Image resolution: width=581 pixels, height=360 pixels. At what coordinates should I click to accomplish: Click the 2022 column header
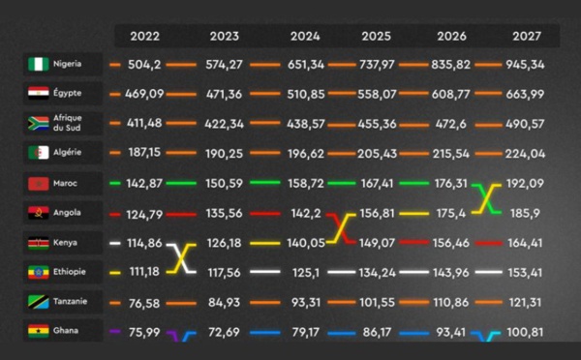(144, 37)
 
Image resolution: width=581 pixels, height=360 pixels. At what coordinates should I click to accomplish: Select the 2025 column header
(377, 37)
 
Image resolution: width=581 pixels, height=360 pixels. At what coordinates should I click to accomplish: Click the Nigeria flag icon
(39, 65)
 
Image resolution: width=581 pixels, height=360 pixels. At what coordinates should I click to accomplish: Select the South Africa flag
(39, 124)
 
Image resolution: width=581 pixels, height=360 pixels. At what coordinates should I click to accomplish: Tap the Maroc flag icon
(39, 183)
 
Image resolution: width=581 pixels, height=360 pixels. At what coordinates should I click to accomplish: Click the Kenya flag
(39, 242)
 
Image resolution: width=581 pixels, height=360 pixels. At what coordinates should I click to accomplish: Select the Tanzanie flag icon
(39, 301)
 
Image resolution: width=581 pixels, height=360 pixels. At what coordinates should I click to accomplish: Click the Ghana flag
(39, 331)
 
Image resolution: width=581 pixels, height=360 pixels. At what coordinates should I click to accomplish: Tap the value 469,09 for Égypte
(143, 95)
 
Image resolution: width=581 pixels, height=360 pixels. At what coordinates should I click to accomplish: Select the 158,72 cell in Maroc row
(311, 183)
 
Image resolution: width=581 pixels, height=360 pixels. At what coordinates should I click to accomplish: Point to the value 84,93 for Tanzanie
(224, 301)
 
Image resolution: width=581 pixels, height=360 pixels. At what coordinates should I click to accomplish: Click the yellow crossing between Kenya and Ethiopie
(182, 257)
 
